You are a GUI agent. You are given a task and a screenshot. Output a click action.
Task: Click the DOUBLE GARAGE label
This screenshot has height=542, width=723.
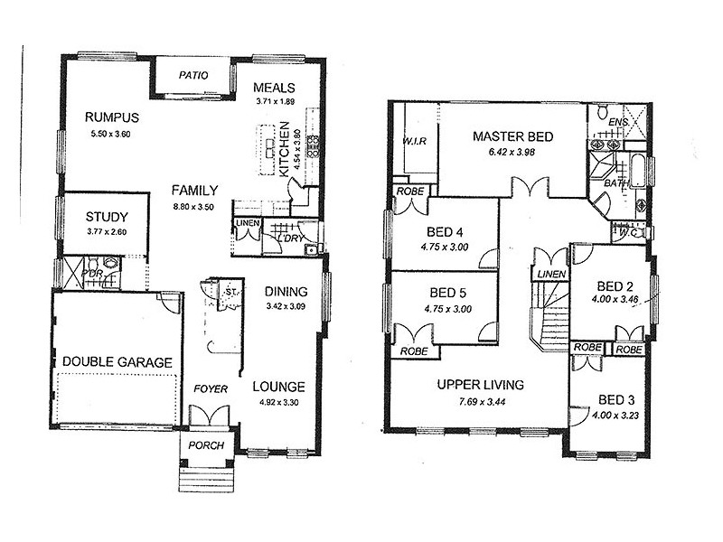point(117,362)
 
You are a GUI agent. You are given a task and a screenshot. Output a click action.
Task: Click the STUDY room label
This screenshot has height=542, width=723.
point(107,217)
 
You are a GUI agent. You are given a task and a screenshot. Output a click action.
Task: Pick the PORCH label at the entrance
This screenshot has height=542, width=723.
point(204,446)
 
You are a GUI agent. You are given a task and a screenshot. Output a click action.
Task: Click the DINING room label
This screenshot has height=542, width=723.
point(286,292)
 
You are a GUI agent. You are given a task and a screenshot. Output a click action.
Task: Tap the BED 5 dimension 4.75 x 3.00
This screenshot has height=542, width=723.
point(447,308)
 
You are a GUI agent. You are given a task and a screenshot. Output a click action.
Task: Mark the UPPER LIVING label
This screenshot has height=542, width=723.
point(480,385)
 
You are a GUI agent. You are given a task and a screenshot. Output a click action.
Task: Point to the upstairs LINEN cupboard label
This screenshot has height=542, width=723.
point(550,274)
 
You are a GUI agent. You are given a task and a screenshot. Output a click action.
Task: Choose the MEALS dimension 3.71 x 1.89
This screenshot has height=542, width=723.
point(274,102)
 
